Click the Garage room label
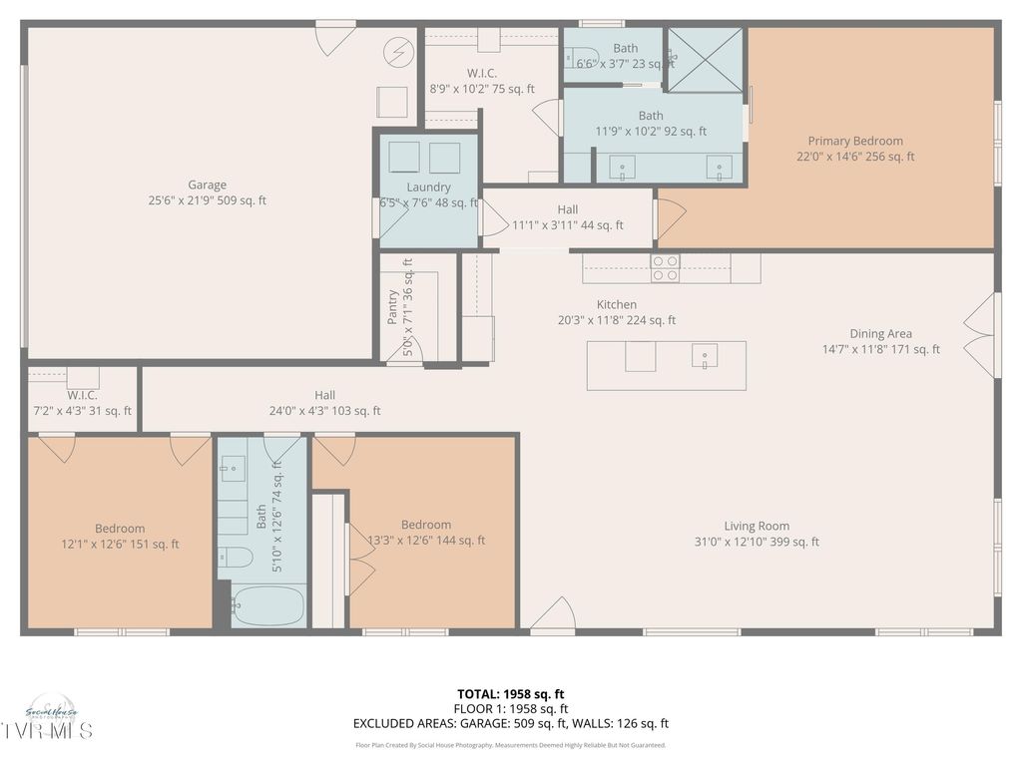207,185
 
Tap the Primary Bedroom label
855,142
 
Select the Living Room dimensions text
757,542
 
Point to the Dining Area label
880,334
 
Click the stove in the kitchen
666,267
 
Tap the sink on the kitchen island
705,357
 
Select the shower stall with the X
705,60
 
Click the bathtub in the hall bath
268,605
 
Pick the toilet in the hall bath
236,557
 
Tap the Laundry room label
428,187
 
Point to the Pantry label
392,307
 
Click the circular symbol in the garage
401,51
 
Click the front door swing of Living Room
553,614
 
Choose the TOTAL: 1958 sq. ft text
510,694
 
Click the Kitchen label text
617,304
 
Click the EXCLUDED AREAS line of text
510,724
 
